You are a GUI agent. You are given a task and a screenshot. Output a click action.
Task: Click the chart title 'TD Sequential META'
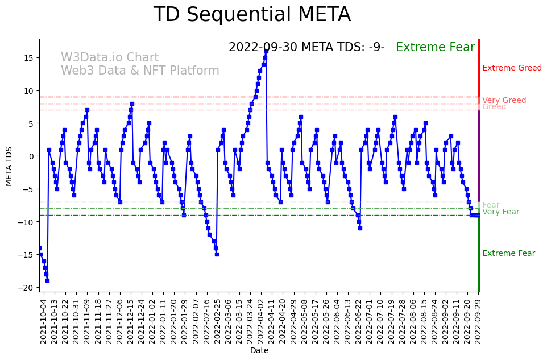pos(252,15)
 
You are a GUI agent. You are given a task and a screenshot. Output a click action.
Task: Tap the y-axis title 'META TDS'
pos(9,165)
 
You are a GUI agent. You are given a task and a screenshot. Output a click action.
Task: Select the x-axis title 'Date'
pos(259,351)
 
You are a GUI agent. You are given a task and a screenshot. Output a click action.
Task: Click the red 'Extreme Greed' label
pos(512,68)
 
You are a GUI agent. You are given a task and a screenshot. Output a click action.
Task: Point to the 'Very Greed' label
pos(504,101)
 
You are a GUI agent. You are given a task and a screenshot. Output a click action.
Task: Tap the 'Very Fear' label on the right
pos(500,212)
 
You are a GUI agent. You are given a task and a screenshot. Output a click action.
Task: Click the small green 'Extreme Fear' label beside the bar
pos(508,254)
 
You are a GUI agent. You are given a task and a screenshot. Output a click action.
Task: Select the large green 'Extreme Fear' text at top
pos(435,48)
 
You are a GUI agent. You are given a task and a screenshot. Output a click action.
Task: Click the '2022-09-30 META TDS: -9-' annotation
pos(306,48)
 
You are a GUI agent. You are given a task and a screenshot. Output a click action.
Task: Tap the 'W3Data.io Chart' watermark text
pos(110,58)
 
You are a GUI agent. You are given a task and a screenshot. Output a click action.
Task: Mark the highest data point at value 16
pos(266,52)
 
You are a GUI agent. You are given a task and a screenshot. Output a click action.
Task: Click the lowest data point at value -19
pos(47,280)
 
